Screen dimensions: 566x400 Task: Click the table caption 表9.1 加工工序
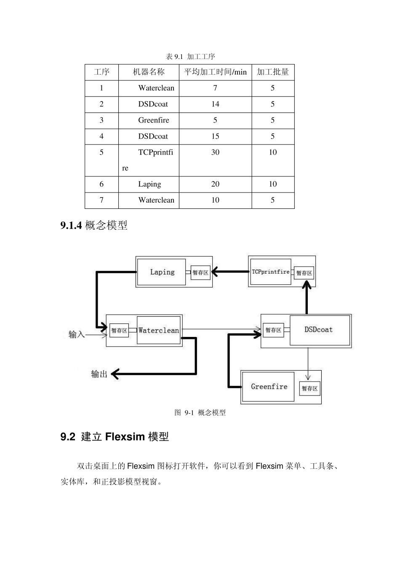point(190,56)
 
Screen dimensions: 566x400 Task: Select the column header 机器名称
point(149,72)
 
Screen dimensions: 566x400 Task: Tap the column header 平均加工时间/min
point(215,72)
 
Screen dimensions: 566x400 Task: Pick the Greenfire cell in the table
point(153,120)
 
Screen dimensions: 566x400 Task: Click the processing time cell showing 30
point(215,152)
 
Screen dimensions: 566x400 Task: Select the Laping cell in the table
point(149,184)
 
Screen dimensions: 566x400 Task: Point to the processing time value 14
point(215,104)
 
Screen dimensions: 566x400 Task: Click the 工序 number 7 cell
point(101,200)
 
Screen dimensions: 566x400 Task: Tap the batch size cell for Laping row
point(273,184)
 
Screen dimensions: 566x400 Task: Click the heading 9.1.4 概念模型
point(94,226)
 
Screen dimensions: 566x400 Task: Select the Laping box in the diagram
point(162,272)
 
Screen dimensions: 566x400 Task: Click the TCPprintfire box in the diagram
point(270,272)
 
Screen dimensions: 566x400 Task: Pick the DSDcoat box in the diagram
point(319,330)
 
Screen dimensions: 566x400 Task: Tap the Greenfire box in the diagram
point(269,387)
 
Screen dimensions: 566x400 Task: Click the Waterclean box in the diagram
point(158,331)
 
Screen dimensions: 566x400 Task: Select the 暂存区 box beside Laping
point(200,272)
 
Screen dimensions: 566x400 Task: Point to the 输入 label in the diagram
point(77,334)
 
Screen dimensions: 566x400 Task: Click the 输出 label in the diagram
point(99,374)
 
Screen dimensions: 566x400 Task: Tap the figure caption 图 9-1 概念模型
point(200,413)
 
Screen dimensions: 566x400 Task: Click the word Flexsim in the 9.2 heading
point(125,437)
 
